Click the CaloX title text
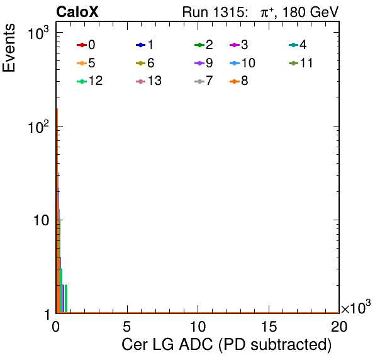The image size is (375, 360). tap(77, 12)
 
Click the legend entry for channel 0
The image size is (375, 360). tap(86, 45)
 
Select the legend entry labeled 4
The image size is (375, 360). tap(298, 45)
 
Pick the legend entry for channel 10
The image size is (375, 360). tap(242, 63)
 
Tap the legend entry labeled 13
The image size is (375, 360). tap(148, 81)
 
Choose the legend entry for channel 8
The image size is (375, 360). tap(239, 81)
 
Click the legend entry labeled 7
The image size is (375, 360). tap(204, 81)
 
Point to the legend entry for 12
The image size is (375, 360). tap(90, 81)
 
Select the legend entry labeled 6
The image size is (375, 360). tap(145, 63)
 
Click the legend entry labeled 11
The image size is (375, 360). tap(301, 63)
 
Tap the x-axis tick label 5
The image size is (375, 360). tap(126, 326)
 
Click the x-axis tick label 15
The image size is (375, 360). tap(269, 326)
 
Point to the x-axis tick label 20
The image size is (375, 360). tap(339, 326)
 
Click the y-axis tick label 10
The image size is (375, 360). tap(41, 220)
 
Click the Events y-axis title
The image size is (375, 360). tap(9, 47)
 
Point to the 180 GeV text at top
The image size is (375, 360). tap(310, 12)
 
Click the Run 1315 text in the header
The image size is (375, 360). tap(215, 12)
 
